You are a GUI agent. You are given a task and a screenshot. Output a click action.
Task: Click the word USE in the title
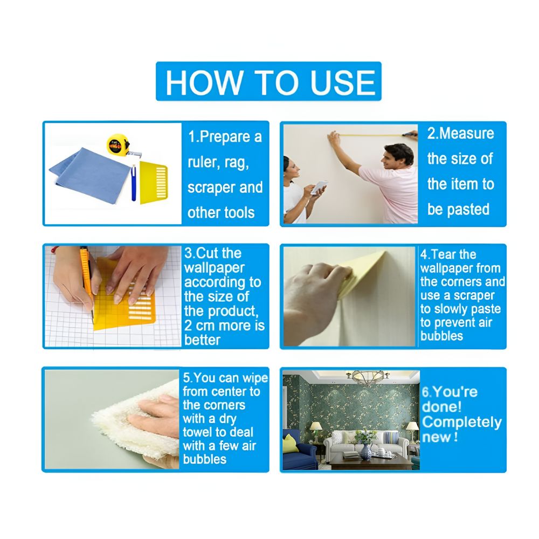(342, 82)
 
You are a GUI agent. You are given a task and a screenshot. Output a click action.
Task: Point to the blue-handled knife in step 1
(133, 182)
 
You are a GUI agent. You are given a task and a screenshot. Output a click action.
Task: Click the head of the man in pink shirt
(399, 156)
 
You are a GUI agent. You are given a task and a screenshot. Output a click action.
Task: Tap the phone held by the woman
(319, 186)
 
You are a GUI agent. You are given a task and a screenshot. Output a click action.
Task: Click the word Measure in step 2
(467, 133)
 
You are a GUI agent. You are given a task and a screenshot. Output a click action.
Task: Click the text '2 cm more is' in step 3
(225, 326)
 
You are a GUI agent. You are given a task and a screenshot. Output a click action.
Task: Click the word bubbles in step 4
(441, 336)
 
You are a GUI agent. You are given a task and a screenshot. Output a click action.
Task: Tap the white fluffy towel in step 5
(135, 418)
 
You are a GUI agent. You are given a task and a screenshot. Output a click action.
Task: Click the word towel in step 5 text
(198, 432)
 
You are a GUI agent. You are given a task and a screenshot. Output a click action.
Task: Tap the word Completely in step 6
(461, 421)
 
